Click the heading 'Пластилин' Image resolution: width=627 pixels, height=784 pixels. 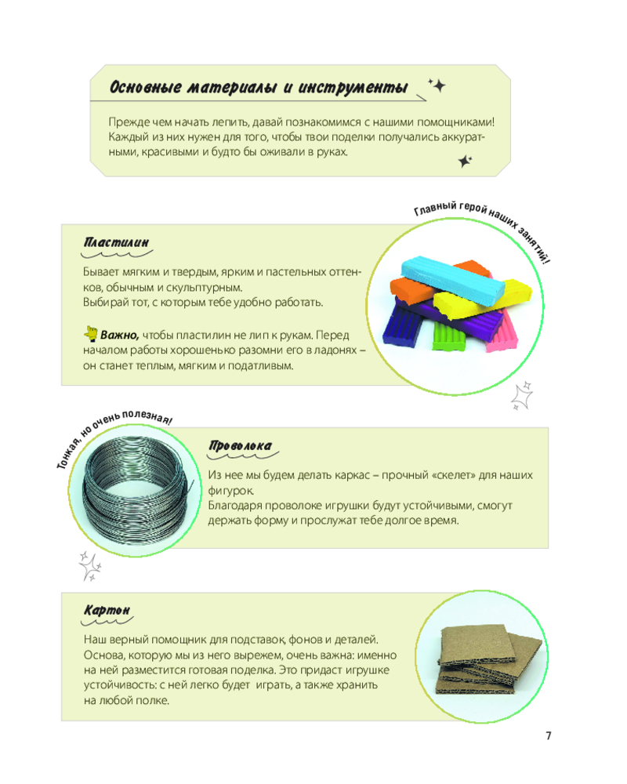click(x=117, y=242)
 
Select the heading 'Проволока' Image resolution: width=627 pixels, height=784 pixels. click(x=240, y=446)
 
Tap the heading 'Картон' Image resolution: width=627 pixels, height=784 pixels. click(x=107, y=611)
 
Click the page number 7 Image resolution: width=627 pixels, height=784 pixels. click(x=549, y=735)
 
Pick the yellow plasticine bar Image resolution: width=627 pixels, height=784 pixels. click(x=482, y=299)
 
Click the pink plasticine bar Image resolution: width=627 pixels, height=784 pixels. click(x=502, y=329)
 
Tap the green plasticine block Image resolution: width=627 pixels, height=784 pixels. click(x=448, y=336)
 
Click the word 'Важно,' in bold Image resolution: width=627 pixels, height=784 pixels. click(x=120, y=335)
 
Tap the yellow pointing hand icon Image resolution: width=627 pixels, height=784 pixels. click(x=90, y=333)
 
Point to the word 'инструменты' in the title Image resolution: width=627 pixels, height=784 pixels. click(x=353, y=88)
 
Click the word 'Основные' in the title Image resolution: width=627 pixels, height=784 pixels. click(x=146, y=88)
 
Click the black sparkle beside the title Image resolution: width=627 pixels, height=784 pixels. click(x=438, y=85)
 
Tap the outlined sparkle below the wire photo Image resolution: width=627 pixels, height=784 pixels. click(x=90, y=567)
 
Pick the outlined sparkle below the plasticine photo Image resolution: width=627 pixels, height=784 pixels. click(x=521, y=397)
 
